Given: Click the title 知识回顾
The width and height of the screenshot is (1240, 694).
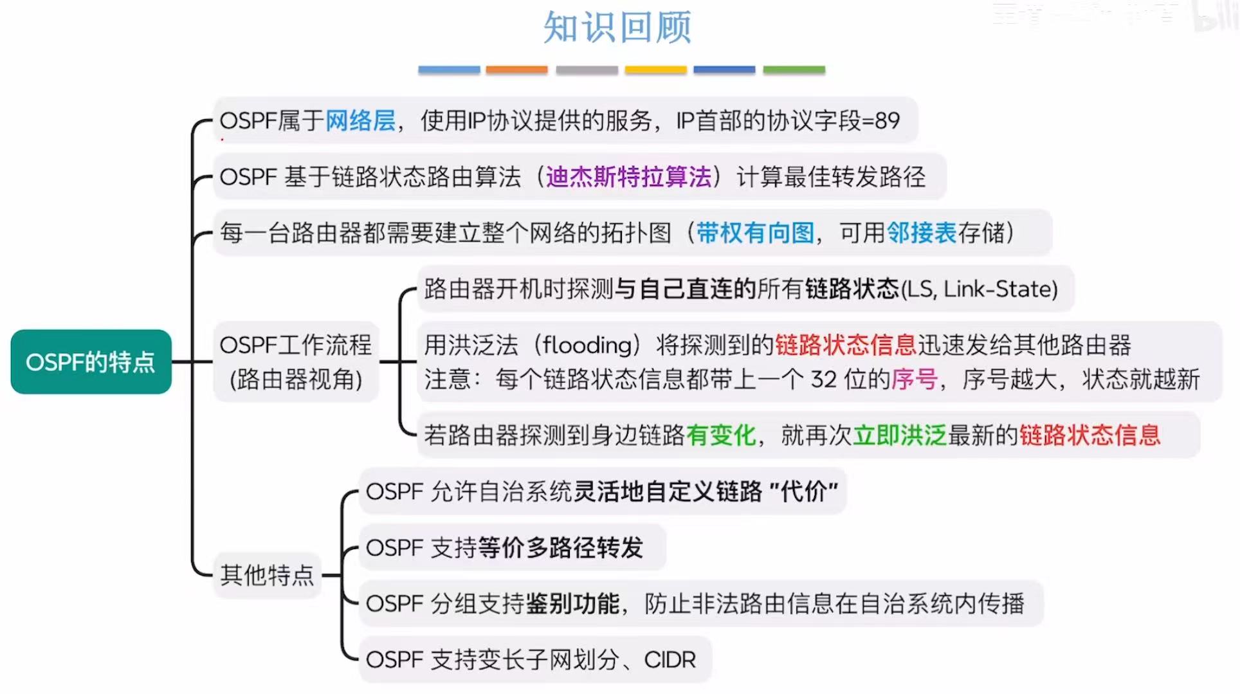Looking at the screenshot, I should [617, 28].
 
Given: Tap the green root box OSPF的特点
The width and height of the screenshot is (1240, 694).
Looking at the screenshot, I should [91, 362].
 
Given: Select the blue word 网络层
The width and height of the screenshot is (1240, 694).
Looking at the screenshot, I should [360, 121].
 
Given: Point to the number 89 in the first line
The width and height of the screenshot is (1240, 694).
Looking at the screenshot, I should [887, 121].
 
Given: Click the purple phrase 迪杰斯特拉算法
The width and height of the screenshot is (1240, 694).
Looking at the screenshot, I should [628, 177].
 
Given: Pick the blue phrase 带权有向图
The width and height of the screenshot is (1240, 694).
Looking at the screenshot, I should [755, 233].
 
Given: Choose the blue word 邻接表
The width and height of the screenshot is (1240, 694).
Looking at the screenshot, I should [922, 233].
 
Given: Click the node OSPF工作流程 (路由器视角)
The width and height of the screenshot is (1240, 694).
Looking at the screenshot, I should [296, 362].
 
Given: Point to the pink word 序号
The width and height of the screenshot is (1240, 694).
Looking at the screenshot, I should [914, 379].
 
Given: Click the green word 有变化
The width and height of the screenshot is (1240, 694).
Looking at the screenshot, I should [720, 435].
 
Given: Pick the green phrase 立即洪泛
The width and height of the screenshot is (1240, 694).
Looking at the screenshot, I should [899, 435].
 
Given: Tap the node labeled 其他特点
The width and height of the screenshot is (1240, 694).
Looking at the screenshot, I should [267, 575].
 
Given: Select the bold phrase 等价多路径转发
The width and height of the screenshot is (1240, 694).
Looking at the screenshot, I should [560, 548].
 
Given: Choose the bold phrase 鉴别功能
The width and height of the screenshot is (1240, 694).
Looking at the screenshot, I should [572, 604].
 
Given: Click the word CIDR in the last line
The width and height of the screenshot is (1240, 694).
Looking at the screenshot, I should [670, 660].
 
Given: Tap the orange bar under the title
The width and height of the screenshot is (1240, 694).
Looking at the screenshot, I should [516, 69].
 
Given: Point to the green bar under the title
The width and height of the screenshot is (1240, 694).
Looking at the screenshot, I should [794, 69].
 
